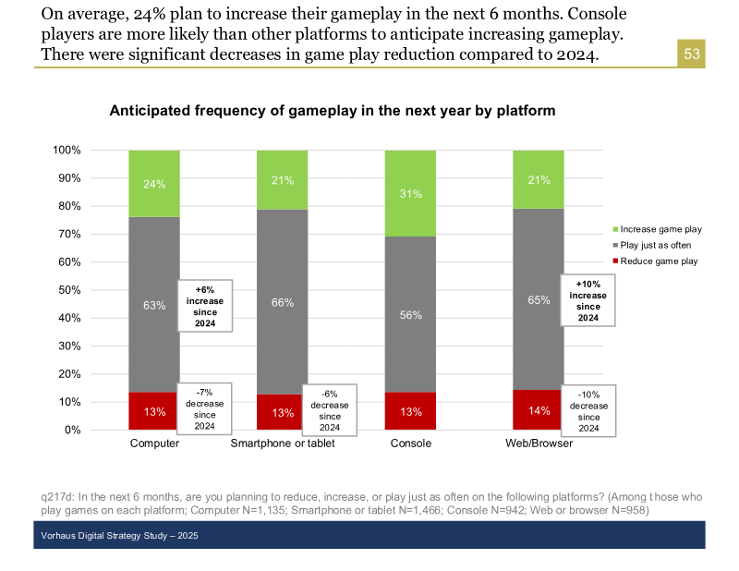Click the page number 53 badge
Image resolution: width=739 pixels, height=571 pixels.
click(x=692, y=55)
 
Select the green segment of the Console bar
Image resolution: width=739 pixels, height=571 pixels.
click(x=410, y=193)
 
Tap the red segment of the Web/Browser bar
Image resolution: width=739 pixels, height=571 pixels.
click(x=539, y=410)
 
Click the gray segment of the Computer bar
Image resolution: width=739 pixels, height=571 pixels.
click(x=154, y=305)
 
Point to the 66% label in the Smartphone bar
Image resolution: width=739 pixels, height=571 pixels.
click(x=282, y=302)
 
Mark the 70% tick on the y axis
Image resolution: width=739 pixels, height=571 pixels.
click(x=67, y=234)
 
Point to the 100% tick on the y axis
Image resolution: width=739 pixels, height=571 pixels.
click(x=67, y=150)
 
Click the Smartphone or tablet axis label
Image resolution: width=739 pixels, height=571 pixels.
click(x=282, y=443)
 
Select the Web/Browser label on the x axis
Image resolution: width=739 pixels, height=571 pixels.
click(x=539, y=443)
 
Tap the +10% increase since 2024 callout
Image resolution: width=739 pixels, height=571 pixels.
click(x=588, y=300)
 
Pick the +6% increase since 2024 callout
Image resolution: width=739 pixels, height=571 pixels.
click(x=205, y=306)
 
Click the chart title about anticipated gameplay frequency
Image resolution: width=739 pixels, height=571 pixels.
click(x=333, y=111)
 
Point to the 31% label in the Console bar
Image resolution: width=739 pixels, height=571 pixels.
click(x=410, y=194)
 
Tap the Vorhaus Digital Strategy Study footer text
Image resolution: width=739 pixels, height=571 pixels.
click(x=119, y=536)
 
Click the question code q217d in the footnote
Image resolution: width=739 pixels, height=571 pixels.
click(x=57, y=497)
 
